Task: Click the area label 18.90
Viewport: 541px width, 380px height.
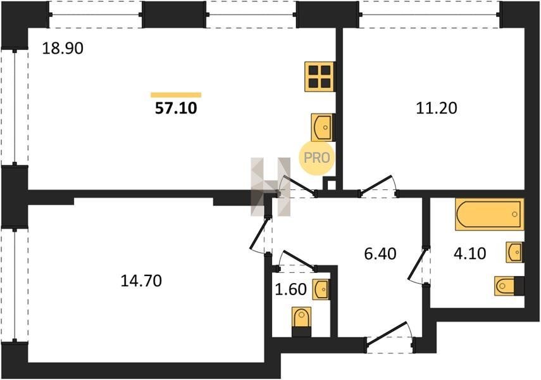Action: click(63, 48)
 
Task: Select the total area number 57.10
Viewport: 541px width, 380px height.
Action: click(176, 108)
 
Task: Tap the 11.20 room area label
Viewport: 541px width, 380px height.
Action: click(437, 108)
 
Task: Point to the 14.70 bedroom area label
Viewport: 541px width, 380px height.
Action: click(141, 281)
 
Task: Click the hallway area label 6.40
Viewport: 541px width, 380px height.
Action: click(380, 254)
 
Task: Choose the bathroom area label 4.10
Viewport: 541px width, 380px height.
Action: click(470, 253)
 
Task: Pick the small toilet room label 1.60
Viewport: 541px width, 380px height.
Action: click(291, 289)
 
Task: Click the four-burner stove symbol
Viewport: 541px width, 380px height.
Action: click(320, 77)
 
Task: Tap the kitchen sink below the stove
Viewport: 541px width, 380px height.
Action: click(323, 127)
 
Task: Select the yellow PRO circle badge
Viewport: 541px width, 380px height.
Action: click(316, 158)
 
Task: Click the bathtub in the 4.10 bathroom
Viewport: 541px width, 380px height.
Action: click(490, 214)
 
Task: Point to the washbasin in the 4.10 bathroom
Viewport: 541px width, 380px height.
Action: click(514, 252)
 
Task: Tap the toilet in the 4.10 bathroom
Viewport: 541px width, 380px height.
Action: click(509, 286)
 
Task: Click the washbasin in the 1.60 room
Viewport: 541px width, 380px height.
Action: click(321, 289)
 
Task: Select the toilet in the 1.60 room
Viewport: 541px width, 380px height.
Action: click(302, 322)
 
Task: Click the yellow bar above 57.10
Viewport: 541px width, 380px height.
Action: click(176, 95)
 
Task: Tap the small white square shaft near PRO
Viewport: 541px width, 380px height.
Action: click(331, 184)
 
